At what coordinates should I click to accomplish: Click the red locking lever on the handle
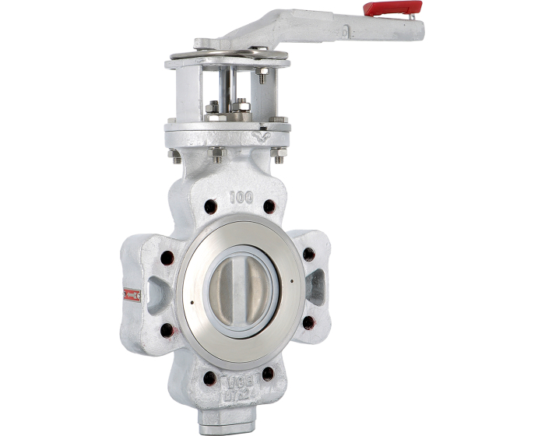pyautogui.click(x=392, y=8)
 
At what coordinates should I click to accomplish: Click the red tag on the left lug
pyautogui.click(x=132, y=294)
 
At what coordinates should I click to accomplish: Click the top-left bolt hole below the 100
pyautogui.click(x=210, y=208)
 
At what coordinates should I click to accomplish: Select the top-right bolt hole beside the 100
pyautogui.click(x=269, y=207)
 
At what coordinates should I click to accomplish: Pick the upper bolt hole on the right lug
pyautogui.click(x=308, y=254)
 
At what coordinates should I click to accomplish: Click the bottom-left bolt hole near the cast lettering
pyautogui.click(x=209, y=378)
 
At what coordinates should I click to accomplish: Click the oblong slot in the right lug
pyautogui.click(x=317, y=287)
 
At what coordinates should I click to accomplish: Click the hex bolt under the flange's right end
pyautogui.click(x=278, y=153)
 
